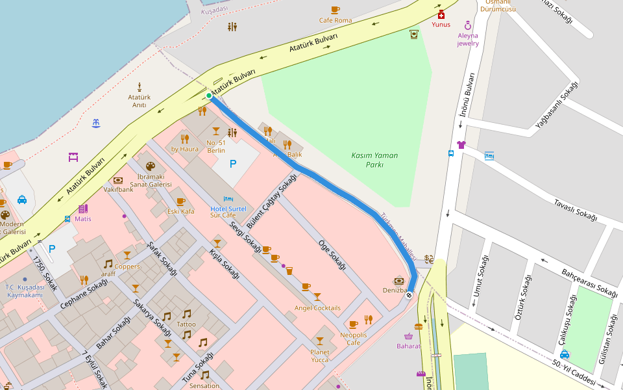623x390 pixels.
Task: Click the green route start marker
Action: point(209,96)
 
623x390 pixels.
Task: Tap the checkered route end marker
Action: point(409,295)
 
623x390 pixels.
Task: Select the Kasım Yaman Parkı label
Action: point(374,160)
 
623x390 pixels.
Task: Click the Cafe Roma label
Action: point(336,20)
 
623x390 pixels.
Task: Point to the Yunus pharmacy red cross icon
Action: point(441,15)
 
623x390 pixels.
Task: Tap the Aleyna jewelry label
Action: point(468,40)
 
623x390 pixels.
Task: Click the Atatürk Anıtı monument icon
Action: point(140,87)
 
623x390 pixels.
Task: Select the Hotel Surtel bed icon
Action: point(228,199)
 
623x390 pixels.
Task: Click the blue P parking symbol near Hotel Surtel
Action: point(233,164)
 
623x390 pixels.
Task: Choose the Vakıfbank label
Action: point(118,189)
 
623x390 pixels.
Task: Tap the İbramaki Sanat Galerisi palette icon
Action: point(151,166)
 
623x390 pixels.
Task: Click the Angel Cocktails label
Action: point(317,307)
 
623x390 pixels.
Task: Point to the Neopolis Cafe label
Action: point(354,339)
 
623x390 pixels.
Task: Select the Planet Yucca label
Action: point(319,356)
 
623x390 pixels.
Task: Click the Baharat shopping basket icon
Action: point(409,336)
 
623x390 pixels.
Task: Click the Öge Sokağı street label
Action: point(331,254)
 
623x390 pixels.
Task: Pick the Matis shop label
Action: point(83,218)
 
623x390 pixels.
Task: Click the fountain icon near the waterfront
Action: point(96,123)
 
